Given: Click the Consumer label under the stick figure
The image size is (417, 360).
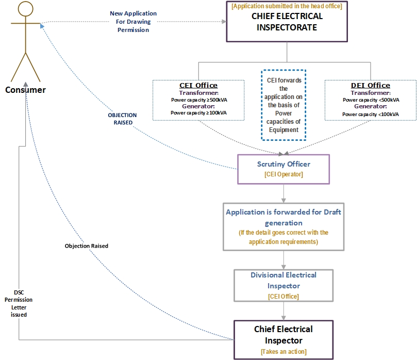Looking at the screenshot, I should point(25,90).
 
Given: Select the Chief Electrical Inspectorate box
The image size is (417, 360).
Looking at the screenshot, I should point(287,22).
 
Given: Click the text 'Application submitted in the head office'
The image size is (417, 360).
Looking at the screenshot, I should point(287,6).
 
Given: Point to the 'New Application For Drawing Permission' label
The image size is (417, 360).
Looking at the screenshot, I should point(133,22).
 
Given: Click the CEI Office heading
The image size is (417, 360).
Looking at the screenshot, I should point(198,86).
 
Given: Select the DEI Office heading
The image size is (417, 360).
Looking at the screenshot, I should point(371,86).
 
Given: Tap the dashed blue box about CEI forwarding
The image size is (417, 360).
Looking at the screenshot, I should point(283,105).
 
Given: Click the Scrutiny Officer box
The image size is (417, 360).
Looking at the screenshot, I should point(283,169).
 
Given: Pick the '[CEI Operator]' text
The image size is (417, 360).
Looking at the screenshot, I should point(283,175).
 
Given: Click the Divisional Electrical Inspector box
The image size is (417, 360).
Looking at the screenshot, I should point(283,285).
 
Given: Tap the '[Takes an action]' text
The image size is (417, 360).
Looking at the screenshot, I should point(283,351).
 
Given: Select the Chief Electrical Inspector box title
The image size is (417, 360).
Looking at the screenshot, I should point(283,335).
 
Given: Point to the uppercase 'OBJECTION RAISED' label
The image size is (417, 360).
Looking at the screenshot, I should point(122,119).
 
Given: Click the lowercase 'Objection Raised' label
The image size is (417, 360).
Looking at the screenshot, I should point(87,246).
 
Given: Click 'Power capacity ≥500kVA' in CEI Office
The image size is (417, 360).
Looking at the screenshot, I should point(198,100).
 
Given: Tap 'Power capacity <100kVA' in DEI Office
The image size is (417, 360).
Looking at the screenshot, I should point(371,113).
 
